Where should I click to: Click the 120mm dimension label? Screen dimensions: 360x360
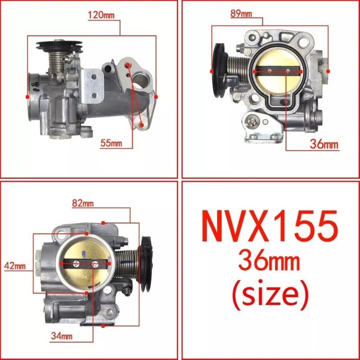coord(101,15)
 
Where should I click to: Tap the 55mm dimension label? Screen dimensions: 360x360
coord(111,143)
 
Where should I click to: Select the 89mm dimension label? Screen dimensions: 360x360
coord(241,14)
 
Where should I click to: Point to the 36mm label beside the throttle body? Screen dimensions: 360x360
coord(324,144)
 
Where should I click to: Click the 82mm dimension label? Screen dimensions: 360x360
coord(83,203)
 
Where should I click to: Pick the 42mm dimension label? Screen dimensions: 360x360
coord(15,266)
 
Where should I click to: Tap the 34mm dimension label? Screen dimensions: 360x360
coord(62,336)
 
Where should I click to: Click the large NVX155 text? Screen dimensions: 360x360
coord(270,227)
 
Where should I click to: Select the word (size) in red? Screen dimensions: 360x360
coord(270,295)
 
